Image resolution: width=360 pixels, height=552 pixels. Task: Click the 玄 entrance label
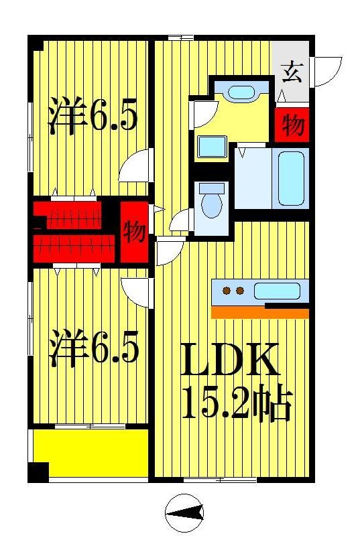click(x=291, y=70)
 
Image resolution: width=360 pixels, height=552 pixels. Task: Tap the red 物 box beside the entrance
click(x=292, y=125)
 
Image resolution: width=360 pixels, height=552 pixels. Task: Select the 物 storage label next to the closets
click(x=134, y=232)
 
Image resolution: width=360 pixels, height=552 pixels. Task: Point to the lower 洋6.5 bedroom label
click(x=94, y=350)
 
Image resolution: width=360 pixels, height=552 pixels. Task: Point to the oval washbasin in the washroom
click(x=238, y=93)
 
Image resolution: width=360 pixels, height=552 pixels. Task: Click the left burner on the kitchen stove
click(x=227, y=291)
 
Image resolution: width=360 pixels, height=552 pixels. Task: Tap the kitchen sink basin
click(x=277, y=291)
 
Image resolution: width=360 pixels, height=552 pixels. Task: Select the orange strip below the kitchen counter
click(x=259, y=313)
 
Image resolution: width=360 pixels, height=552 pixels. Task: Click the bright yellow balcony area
click(x=91, y=453)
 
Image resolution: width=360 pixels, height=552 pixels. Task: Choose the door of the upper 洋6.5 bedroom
click(x=134, y=167)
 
